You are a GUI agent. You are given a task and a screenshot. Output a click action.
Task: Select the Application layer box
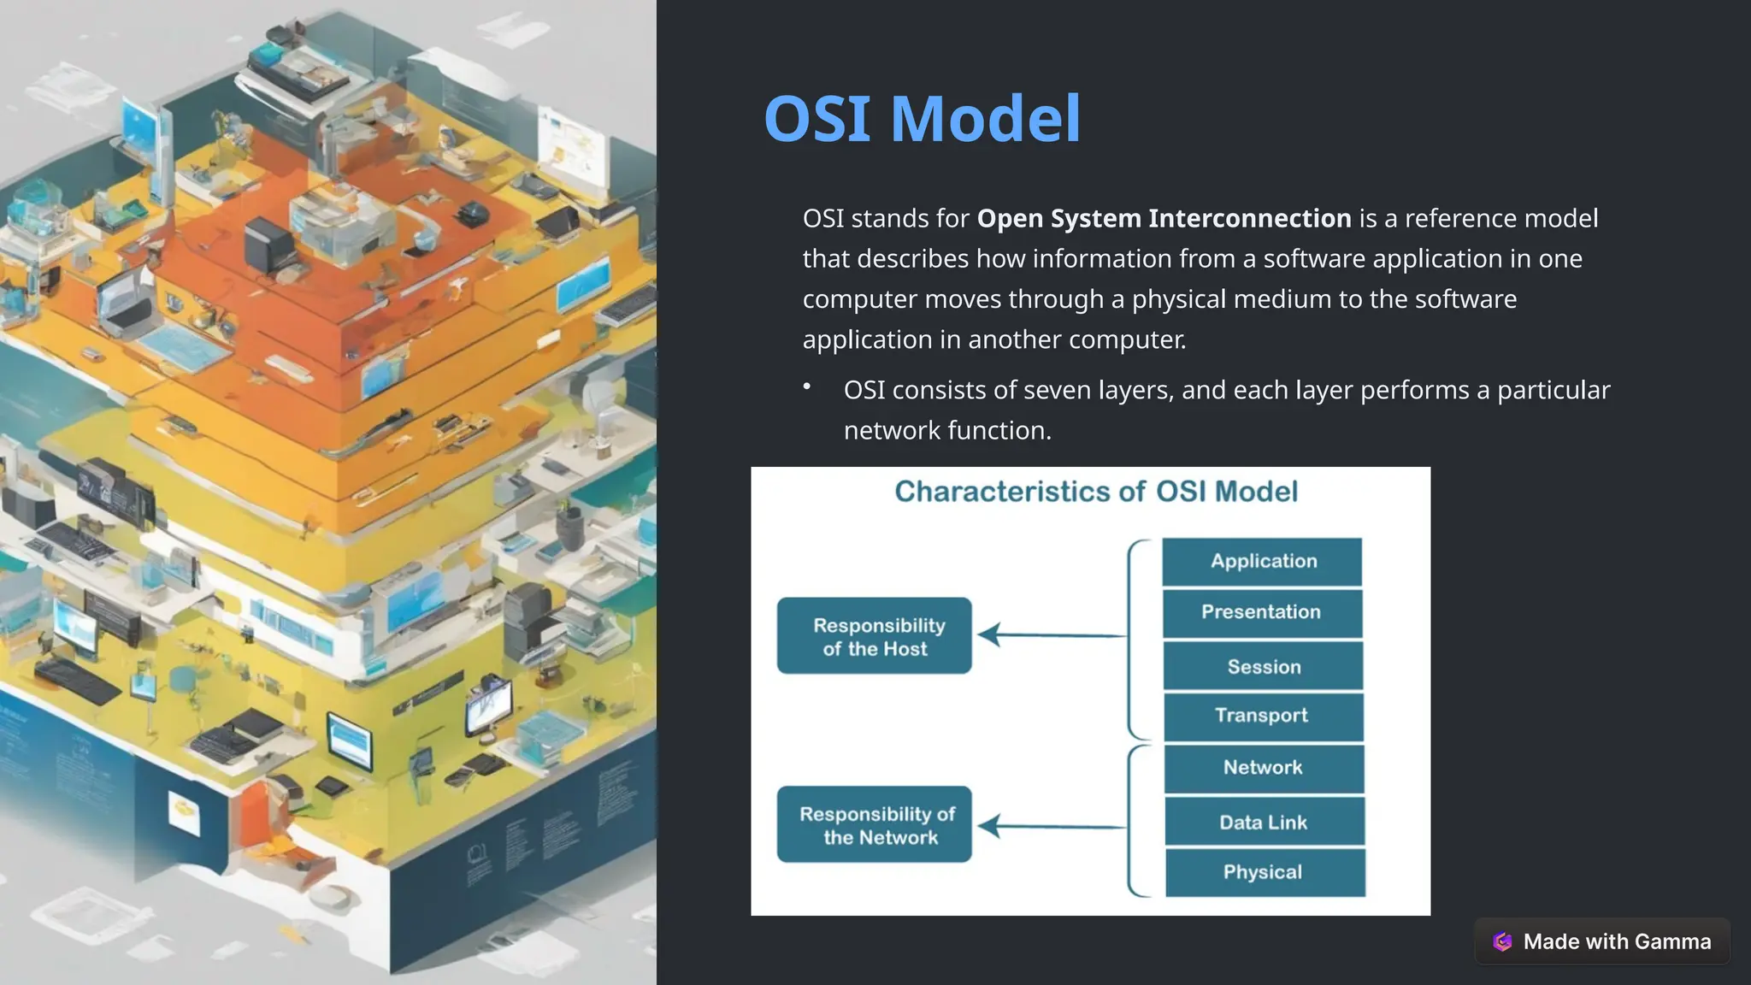click(x=1262, y=562)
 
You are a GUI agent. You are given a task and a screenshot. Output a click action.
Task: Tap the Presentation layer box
click(x=1263, y=613)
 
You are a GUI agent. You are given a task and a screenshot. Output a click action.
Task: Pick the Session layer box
click(x=1264, y=666)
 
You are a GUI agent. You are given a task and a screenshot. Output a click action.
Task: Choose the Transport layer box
click(x=1264, y=717)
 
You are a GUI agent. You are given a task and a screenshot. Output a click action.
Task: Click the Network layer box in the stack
click(x=1265, y=769)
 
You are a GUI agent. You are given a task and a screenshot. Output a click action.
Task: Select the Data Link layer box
click(x=1265, y=822)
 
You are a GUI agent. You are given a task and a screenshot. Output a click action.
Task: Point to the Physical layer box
click(x=1265, y=872)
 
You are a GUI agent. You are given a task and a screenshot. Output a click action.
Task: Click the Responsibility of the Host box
click(x=875, y=636)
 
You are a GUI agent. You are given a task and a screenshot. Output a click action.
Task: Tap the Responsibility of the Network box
click(x=875, y=824)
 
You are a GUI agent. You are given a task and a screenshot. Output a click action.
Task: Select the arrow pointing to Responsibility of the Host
click(x=1052, y=635)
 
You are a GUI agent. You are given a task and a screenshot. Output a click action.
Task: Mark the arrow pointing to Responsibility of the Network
click(x=1052, y=827)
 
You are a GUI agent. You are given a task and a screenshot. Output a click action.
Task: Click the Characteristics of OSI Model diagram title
click(x=1096, y=492)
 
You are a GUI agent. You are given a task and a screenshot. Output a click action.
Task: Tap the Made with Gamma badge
click(x=1602, y=941)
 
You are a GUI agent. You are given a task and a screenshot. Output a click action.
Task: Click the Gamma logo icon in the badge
click(x=1502, y=941)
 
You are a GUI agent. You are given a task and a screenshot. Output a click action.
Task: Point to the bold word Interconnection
click(x=1250, y=219)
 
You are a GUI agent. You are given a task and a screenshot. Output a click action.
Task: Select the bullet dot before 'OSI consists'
click(x=806, y=386)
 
